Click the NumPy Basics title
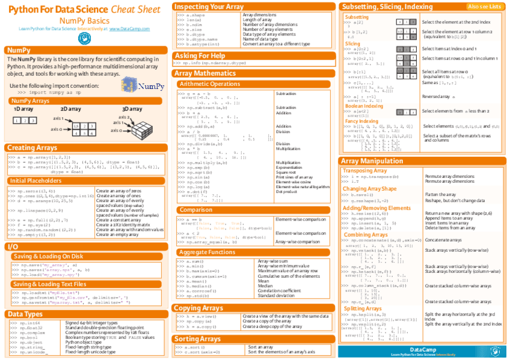84,20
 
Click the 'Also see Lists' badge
484,7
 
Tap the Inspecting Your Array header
209,6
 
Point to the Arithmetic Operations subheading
210,84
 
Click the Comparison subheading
195,210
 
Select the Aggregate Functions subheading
207,252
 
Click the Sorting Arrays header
198,339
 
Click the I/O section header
12,246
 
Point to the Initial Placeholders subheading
35,180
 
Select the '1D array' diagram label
24,109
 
